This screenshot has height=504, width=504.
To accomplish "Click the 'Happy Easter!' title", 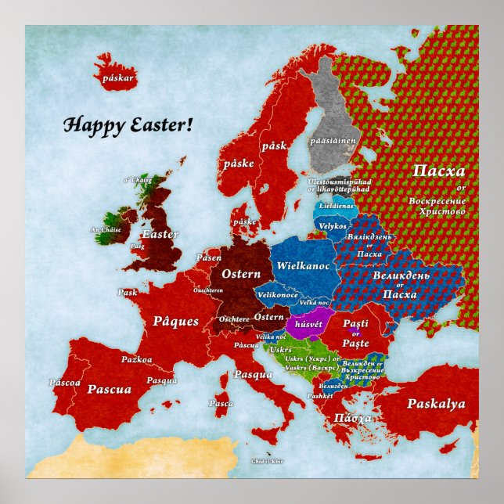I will (127, 124).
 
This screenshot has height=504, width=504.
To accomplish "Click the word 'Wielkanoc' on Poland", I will (302, 266).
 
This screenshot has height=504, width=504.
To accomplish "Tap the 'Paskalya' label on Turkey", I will (436, 405).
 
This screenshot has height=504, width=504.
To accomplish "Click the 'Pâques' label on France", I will (175, 321).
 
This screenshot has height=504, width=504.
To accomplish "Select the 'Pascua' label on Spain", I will (108, 389).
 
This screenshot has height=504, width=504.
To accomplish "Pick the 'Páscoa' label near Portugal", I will (64, 383).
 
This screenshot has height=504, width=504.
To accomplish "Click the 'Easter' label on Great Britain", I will (160, 234).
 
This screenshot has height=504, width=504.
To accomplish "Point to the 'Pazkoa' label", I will (136, 360).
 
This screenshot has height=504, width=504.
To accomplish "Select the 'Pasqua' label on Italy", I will (253, 374).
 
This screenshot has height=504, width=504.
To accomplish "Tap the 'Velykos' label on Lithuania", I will (333, 226).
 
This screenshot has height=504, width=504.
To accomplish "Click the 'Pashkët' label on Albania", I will (320, 396).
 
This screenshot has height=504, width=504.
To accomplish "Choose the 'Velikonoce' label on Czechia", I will (277, 295).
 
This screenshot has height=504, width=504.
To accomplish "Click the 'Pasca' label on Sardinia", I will (221, 404).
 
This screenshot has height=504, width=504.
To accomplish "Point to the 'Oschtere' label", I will (235, 319).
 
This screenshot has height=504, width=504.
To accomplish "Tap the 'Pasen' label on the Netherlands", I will (209, 257).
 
